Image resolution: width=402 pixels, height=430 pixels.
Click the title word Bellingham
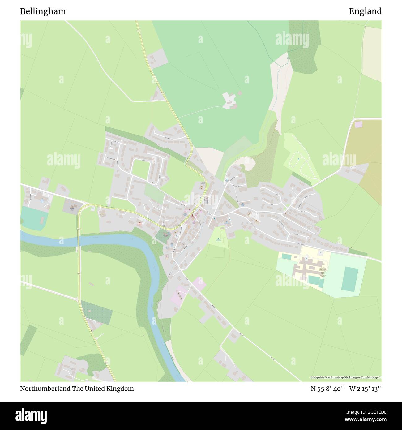pos(43,11)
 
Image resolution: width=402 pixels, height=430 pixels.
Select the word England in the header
pos(365,11)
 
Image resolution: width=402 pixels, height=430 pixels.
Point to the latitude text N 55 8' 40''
pos(328,389)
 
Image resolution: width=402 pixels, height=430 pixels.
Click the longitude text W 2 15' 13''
pos(366,389)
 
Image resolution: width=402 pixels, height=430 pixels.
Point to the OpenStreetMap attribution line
pos(346,377)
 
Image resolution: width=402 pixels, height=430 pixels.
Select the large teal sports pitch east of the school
pos(350,279)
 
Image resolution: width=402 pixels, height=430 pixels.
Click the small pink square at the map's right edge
pos(358,124)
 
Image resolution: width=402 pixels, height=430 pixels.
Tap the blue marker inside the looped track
pos(298,159)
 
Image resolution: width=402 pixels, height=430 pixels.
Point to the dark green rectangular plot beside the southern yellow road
pos(97,312)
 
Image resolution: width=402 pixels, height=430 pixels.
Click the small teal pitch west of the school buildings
pos(286,256)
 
